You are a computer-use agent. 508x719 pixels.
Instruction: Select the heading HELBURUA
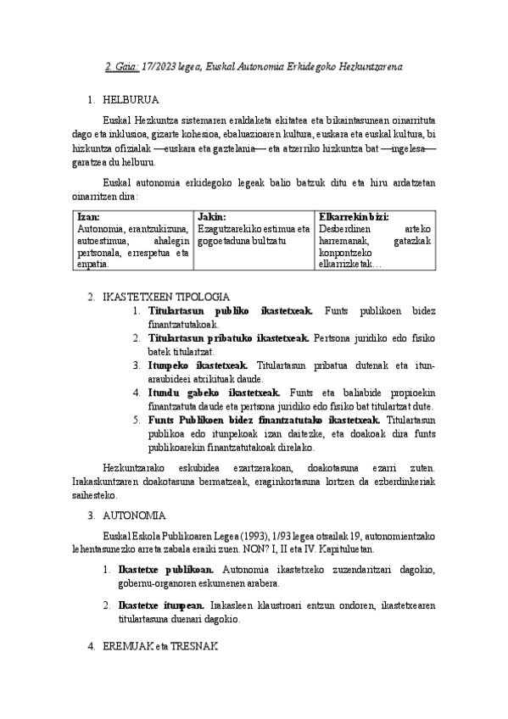[130, 99]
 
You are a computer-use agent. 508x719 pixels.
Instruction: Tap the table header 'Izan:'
[87, 216]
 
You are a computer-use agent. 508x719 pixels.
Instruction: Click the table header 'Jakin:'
[211, 216]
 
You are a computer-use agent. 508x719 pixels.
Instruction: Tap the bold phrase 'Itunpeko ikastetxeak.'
[192, 365]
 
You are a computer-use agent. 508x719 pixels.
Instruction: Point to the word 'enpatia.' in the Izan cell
[92, 265]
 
